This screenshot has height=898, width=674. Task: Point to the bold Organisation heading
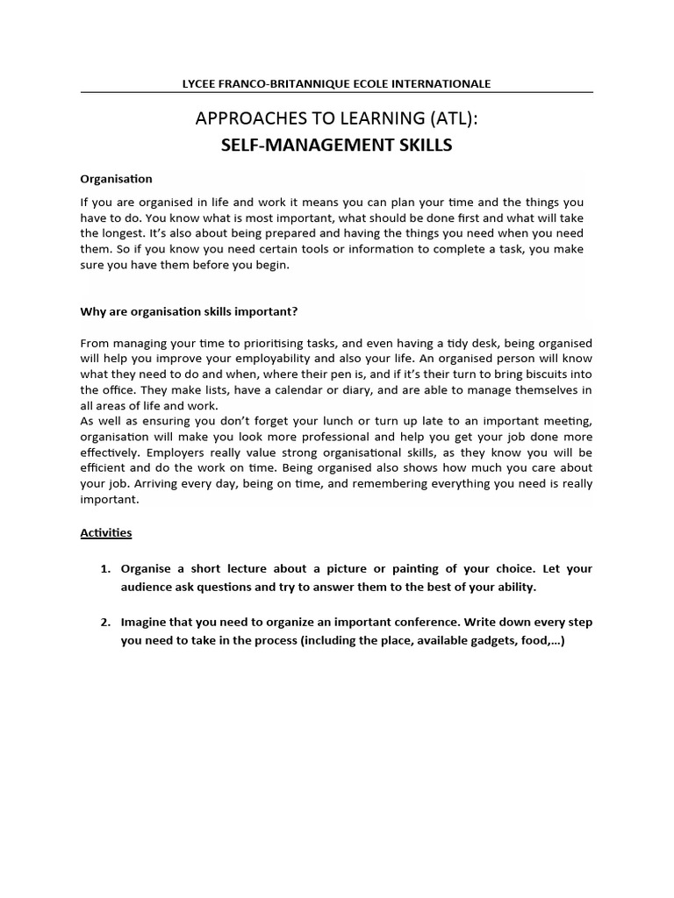click(116, 179)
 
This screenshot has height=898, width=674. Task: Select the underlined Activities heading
click(106, 532)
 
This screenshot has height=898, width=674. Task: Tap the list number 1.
click(104, 569)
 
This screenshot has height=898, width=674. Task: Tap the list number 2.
click(104, 623)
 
